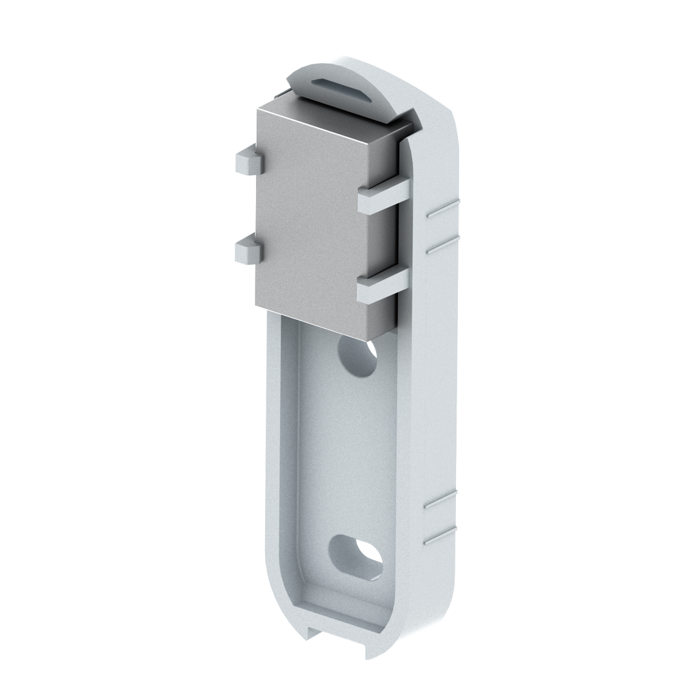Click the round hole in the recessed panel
pos(359,358)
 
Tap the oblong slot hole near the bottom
pos(356,556)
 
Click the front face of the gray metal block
pos(310,219)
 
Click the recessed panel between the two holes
pos(348,451)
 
